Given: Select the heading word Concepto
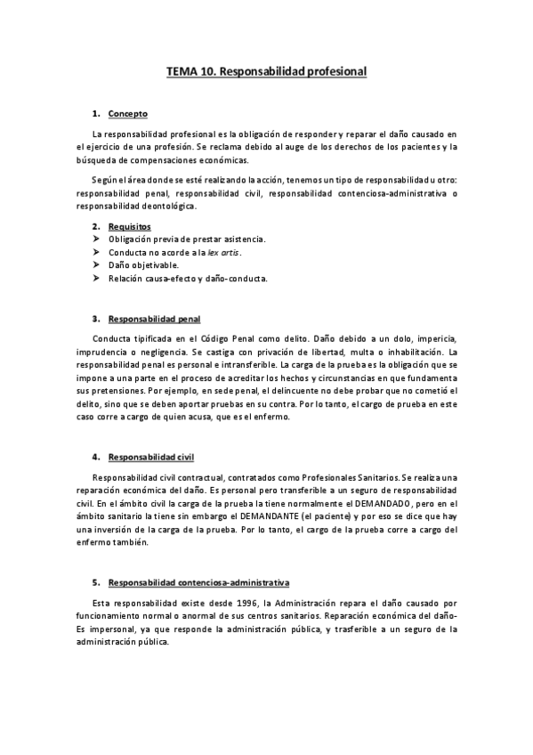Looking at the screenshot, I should pos(127,114).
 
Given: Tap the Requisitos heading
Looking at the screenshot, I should pos(129,227).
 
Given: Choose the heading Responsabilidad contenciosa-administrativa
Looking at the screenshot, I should pos(198,558).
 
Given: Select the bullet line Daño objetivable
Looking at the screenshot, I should pos(143,265).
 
